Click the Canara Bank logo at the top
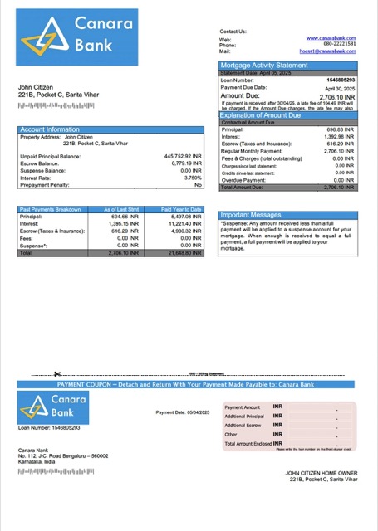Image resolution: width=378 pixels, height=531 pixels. point(76,37)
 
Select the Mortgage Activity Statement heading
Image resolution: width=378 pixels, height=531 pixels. point(263,65)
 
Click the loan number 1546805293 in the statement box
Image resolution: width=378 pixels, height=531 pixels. point(339,80)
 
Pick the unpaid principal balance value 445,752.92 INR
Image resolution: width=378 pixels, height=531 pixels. point(183,156)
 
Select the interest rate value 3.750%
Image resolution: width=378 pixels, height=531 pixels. point(193,178)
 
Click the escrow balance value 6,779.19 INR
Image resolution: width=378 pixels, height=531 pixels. point(185,163)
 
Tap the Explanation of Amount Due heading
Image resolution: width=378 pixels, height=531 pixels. point(268,115)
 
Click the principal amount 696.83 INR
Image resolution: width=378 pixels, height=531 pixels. point(340,130)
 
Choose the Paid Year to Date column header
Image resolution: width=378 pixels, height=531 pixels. point(181,209)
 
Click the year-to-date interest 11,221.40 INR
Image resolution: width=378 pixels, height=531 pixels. point(184,223)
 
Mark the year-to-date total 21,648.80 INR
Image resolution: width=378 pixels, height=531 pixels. point(184,253)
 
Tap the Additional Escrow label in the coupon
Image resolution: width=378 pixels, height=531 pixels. point(243,425)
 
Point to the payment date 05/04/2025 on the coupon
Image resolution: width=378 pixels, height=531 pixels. point(182,412)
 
